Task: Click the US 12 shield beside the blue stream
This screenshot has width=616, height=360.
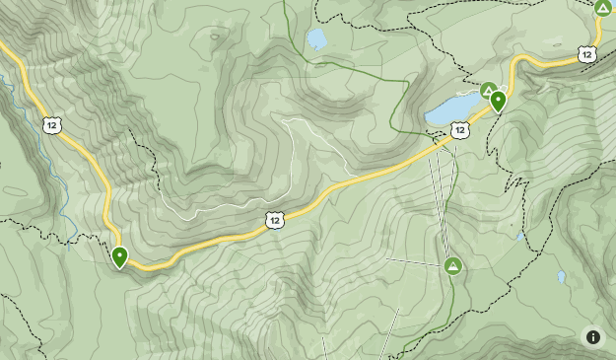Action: (x=51, y=123)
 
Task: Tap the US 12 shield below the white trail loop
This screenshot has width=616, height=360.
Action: (x=275, y=219)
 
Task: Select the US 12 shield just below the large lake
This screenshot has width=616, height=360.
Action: (x=459, y=129)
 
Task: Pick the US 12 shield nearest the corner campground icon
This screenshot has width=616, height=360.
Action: (x=587, y=53)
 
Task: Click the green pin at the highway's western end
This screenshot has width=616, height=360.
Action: (x=120, y=256)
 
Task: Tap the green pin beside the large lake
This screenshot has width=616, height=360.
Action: (x=498, y=100)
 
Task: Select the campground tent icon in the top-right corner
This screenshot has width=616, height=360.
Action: (x=602, y=8)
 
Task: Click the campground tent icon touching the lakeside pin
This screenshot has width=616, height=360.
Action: (x=487, y=90)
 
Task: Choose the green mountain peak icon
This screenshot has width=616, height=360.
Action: (x=452, y=266)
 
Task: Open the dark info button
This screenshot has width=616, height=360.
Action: (x=592, y=336)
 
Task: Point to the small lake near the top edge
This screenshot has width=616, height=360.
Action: (x=316, y=39)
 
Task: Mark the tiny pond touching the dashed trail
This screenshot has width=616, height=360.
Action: (x=520, y=236)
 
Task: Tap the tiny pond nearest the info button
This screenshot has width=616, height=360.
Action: (x=561, y=277)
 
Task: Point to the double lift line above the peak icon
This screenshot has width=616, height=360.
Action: (x=438, y=197)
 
